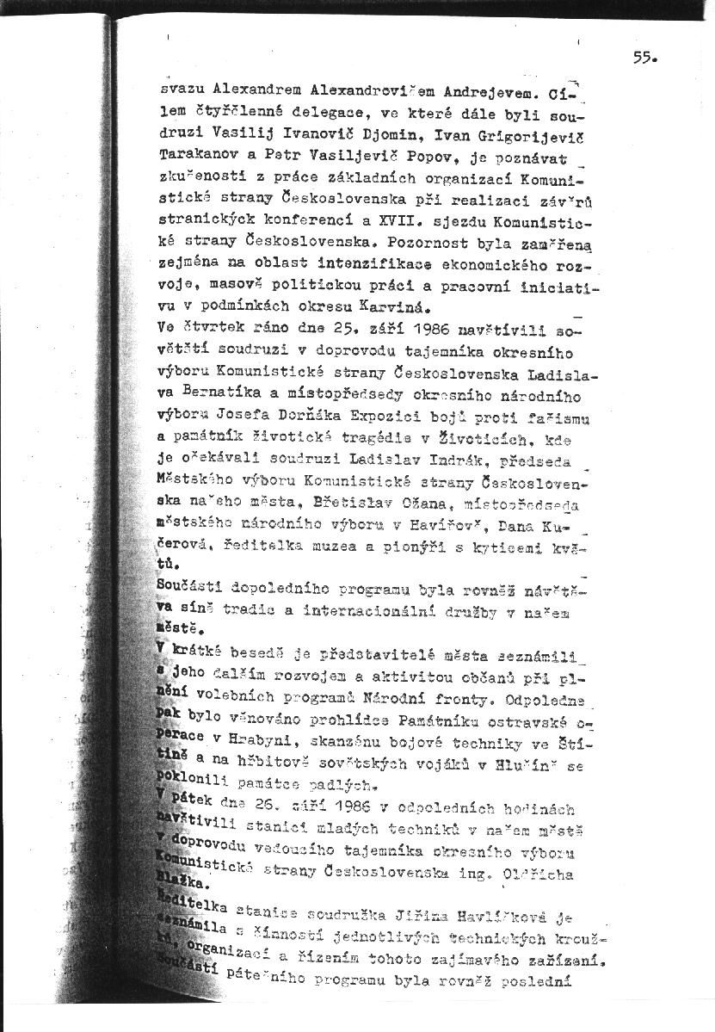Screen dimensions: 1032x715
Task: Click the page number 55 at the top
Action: (x=644, y=58)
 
